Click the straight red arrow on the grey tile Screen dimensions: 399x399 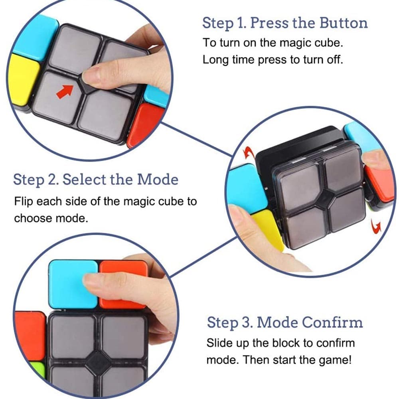(x=65, y=92)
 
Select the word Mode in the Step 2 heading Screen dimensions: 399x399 (x=158, y=180)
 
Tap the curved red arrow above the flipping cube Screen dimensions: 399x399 (x=249, y=153)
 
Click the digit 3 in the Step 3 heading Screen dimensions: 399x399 (x=246, y=322)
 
